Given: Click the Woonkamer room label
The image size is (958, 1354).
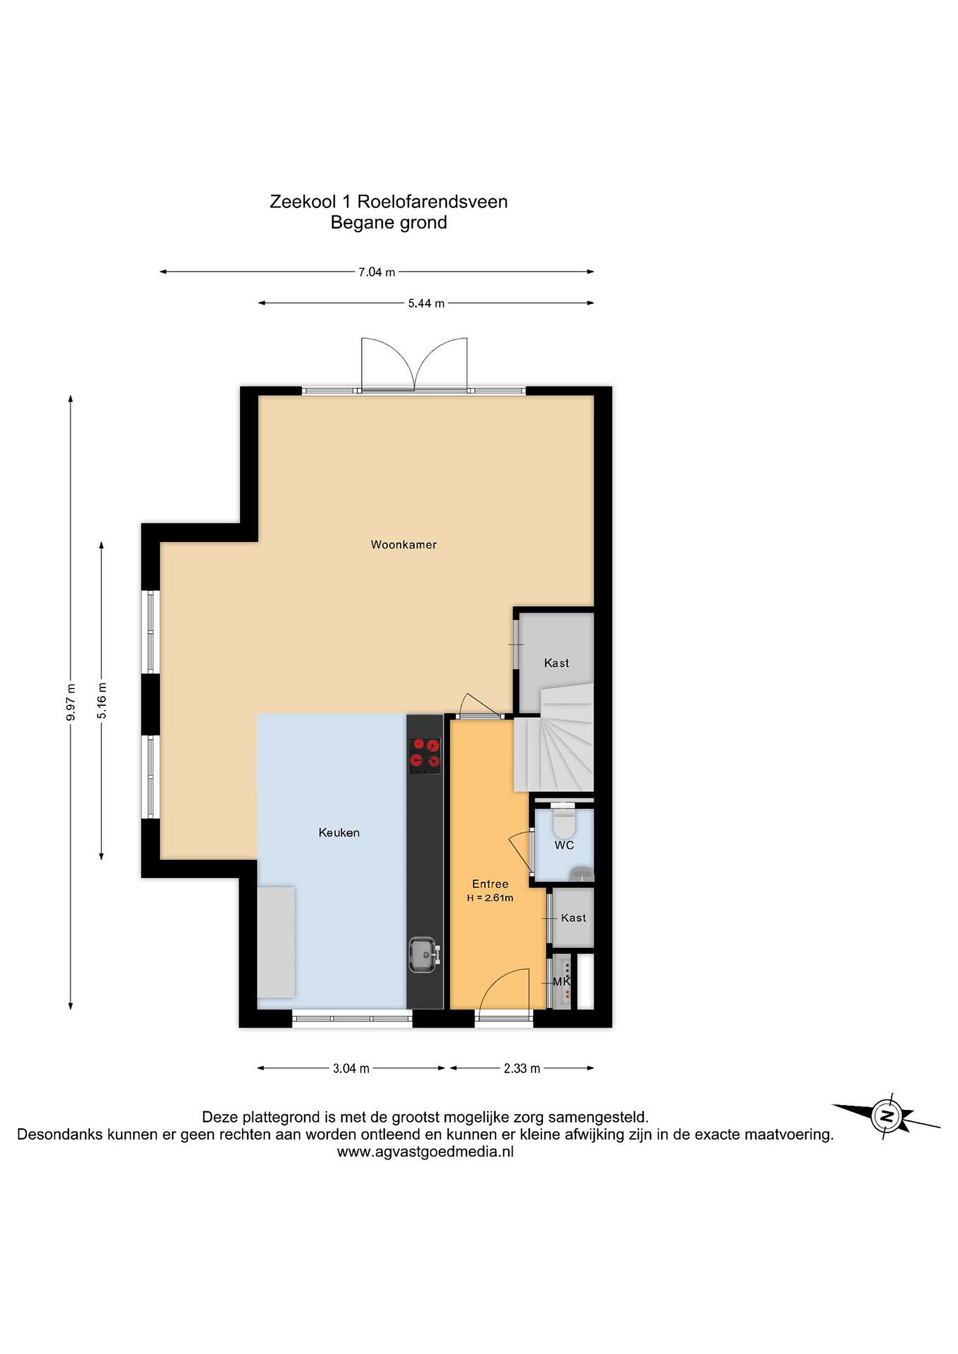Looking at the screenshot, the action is coord(404,544).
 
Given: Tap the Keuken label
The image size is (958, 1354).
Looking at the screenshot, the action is coord(339,833).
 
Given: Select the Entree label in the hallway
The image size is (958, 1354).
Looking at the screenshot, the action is coord(490,883).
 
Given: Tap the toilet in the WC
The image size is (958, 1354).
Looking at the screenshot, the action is coord(563,821).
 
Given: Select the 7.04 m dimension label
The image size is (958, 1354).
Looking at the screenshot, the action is coord(376,273).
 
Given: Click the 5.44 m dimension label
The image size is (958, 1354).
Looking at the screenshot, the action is coord(426,304).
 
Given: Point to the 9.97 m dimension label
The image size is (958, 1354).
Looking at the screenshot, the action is coord(71,702).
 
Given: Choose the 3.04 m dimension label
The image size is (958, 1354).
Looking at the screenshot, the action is coord(351,1069).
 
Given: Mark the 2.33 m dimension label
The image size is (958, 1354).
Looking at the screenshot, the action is coord(522,1069).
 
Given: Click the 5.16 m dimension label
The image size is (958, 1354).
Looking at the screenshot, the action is coord(102,701).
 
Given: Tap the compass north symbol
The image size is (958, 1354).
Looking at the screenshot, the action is coord(886,1116).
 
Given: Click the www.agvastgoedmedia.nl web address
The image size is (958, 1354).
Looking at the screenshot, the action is coord(425,1152).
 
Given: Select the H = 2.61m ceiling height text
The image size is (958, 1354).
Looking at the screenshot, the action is coord(490,898).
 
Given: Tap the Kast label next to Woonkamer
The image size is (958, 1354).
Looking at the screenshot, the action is coord(556,663).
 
